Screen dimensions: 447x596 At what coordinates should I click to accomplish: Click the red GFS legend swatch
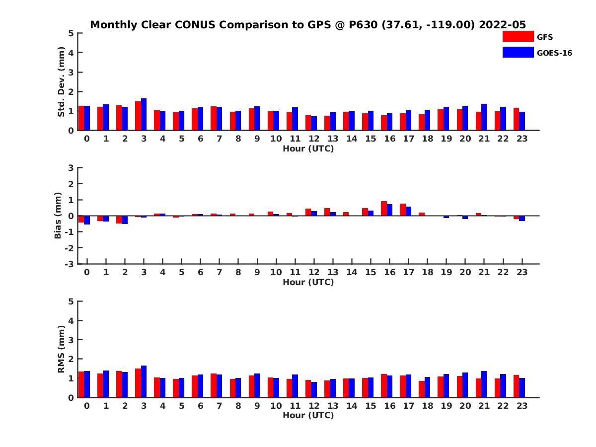[x=518, y=36]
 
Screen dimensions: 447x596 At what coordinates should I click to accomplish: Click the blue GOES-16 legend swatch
[x=518, y=52]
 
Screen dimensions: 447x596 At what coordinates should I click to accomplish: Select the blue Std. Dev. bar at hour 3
[x=144, y=115]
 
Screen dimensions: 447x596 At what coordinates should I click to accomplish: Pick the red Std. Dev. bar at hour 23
[x=516, y=119]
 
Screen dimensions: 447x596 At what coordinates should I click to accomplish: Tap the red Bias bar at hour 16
[x=384, y=209]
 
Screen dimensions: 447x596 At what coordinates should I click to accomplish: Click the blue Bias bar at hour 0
[x=87, y=220]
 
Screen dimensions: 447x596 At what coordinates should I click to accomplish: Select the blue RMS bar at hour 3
[x=144, y=381]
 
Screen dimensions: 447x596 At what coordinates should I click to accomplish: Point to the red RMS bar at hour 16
[x=384, y=386]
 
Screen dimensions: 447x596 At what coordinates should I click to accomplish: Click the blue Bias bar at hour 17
[x=408, y=211]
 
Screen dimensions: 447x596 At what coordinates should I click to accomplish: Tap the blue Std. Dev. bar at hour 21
[x=484, y=117]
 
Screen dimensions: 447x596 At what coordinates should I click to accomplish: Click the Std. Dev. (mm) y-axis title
[x=61, y=82]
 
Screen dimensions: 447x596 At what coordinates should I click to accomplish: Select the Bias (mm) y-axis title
[x=58, y=216]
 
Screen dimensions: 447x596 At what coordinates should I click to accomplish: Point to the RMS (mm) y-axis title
[x=61, y=349]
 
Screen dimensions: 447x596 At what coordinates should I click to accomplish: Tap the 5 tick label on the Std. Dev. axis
[x=72, y=33]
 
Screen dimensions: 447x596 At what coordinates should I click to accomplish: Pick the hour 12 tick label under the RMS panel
[x=314, y=406]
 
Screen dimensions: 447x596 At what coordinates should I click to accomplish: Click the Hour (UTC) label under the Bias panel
[x=308, y=282]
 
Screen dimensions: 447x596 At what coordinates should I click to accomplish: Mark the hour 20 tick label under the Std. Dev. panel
[x=465, y=139]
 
